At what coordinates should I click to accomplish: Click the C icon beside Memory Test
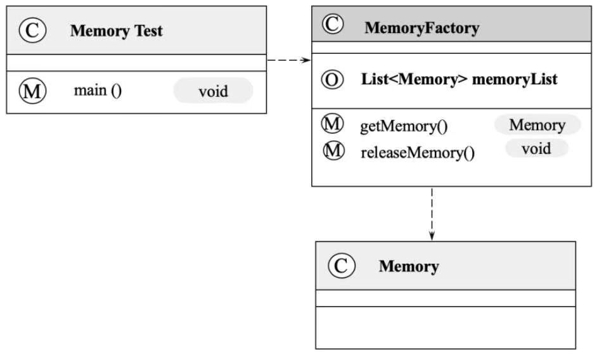(32, 30)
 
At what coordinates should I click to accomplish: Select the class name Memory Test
(117, 30)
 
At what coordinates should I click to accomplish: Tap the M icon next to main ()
(32, 91)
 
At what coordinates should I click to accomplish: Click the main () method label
(98, 91)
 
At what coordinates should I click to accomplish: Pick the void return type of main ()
(213, 91)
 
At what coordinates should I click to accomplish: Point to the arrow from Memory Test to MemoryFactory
(289, 60)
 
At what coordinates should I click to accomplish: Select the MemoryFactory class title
(422, 28)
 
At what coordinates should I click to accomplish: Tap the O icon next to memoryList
(332, 79)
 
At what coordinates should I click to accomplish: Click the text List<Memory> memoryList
(459, 79)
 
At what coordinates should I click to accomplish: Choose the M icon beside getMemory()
(332, 124)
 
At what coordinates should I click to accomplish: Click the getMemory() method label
(404, 126)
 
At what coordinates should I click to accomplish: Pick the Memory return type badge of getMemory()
(538, 125)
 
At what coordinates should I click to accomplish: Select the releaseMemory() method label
(418, 153)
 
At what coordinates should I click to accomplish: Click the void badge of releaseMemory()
(536, 148)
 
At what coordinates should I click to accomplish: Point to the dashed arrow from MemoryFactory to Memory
(432, 214)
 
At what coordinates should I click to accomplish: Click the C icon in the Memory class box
(342, 265)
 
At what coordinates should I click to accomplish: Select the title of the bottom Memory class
(409, 266)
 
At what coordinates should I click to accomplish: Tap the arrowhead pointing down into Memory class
(432, 236)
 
